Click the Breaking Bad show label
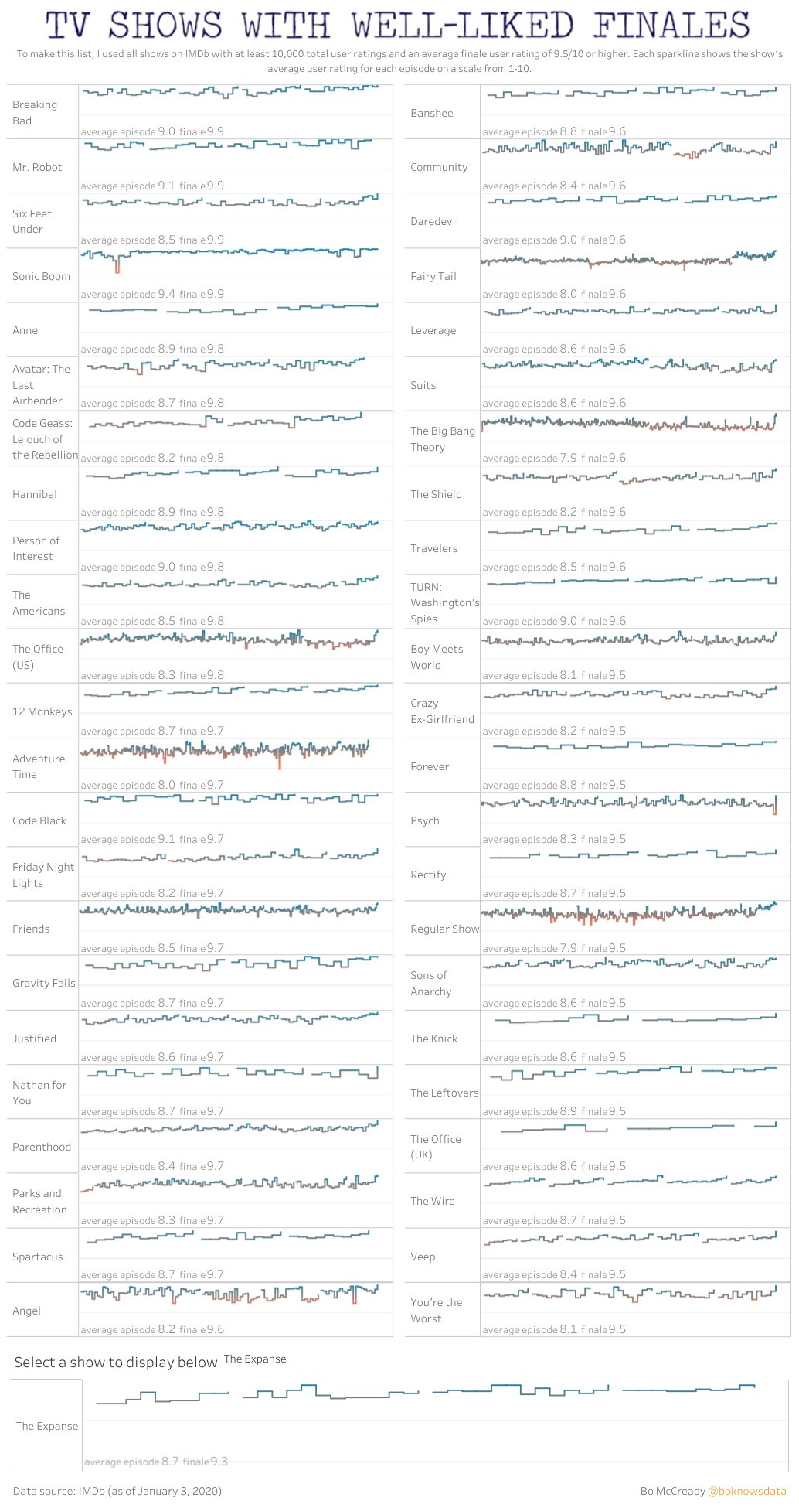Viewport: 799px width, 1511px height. tap(35, 113)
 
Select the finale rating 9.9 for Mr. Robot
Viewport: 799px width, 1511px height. tap(216, 186)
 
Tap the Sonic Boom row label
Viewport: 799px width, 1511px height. tap(41, 276)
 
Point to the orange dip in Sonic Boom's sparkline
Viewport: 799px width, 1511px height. tap(117, 265)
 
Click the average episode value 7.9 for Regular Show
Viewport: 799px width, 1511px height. tap(568, 948)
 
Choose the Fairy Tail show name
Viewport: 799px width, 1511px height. tap(433, 276)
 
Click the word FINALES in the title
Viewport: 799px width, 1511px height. tap(671, 26)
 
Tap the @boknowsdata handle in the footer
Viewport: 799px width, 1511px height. tap(746, 1491)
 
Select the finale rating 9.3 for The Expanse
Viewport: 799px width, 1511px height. tap(219, 1462)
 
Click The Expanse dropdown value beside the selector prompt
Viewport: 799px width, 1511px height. tap(255, 1359)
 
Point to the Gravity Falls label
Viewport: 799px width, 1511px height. tap(44, 983)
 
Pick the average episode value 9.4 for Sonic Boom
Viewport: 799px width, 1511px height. tap(166, 294)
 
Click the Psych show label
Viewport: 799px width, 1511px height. tap(425, 820)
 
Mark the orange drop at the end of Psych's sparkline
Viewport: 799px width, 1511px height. tap(774, 809)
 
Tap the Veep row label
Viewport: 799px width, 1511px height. tap(423, 1257)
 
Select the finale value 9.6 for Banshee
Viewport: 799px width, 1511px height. tap(617, 131)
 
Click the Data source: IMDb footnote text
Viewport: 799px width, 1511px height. tap(117, 1491)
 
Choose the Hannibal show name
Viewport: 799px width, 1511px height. tap(35, 494)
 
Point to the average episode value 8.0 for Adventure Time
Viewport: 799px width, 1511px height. tap(166, 785)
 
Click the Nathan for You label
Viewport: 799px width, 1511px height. tap(39, 1093)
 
